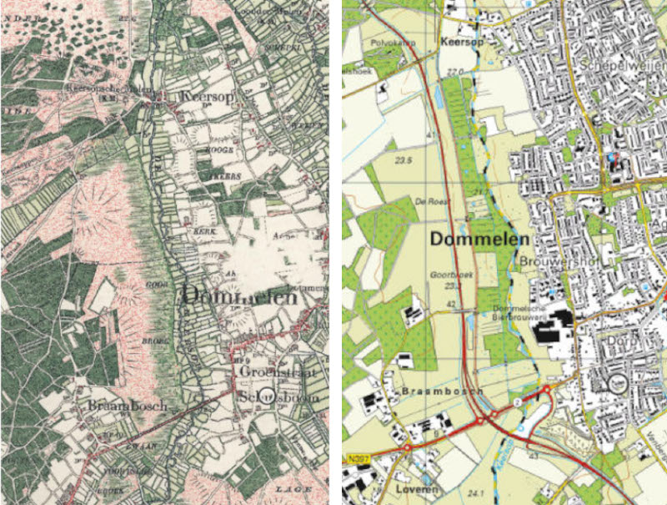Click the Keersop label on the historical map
pos(209,98)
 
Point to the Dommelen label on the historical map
pos(238,296)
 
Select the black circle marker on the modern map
pos(618,383)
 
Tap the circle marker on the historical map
pos(266,396)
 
